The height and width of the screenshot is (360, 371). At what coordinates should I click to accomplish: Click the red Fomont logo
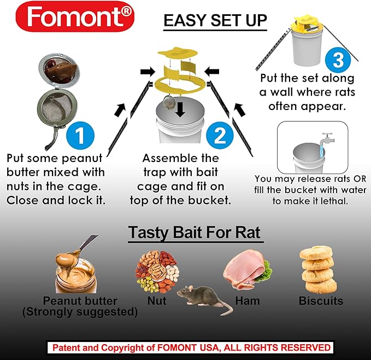click(x=75, y=16)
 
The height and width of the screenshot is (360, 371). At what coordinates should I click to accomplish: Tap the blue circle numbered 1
click(x=80, y=136)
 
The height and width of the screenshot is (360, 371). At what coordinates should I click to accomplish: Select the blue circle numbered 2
click(x=220, y=136)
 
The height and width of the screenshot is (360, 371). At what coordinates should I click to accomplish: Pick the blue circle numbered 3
click(x=338, y=60)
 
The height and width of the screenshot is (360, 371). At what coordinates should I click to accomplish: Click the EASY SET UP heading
click(x=215, y=21)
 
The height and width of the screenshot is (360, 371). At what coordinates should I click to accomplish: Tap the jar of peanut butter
click(x=75, y=272)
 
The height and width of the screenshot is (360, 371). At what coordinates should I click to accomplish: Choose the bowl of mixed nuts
click(x=156, y=272)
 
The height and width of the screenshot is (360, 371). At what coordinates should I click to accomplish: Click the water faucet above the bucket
click(x=327, y=141)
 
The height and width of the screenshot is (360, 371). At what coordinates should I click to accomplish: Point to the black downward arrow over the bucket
click(x=180, y=109)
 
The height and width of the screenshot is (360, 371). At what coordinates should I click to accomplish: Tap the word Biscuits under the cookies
click(x=321, y=301)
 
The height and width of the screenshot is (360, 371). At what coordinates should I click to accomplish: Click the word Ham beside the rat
click(x=248, y=301)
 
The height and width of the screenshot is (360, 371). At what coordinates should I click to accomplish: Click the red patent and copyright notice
click(x=191, y=347)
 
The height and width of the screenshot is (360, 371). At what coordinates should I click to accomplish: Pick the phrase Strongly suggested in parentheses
click(x=80, y=312)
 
